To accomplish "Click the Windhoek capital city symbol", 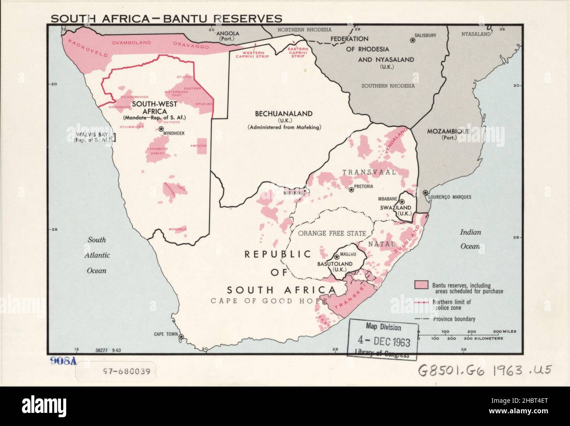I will click(161, 129).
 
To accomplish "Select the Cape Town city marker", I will click(182, 338).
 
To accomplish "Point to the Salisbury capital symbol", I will click(413, 40).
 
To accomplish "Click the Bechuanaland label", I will click(284, 114).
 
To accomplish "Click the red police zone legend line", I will click(421, 302).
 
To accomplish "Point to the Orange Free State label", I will click(332, 233).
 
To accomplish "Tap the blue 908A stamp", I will click(64, 361).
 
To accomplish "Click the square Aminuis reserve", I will click(201, 148).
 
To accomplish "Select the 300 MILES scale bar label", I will click(505, 331).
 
